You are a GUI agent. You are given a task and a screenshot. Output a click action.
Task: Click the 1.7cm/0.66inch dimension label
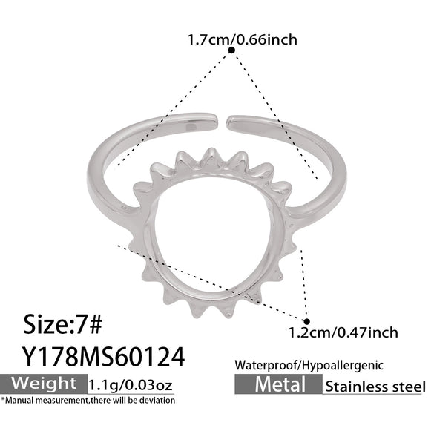tap(242, 39)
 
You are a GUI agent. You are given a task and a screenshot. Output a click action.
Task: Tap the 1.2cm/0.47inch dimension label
tap(343, 332)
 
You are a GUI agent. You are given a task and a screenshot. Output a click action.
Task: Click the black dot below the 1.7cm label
tap(231, 50)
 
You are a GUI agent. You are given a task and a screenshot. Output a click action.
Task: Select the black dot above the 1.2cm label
tap(306, 322)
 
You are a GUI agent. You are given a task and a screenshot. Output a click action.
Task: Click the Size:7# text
tap(63, 324)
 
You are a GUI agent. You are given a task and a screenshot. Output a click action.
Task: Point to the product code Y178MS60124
tap(103, 357)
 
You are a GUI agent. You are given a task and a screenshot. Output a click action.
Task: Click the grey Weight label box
tap(44, 384)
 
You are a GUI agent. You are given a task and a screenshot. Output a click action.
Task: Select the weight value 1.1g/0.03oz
tap(131, 385)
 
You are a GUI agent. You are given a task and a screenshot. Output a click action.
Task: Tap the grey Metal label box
tap(278, 384)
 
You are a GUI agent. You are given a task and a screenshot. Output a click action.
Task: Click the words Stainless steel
tap(375, 387)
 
